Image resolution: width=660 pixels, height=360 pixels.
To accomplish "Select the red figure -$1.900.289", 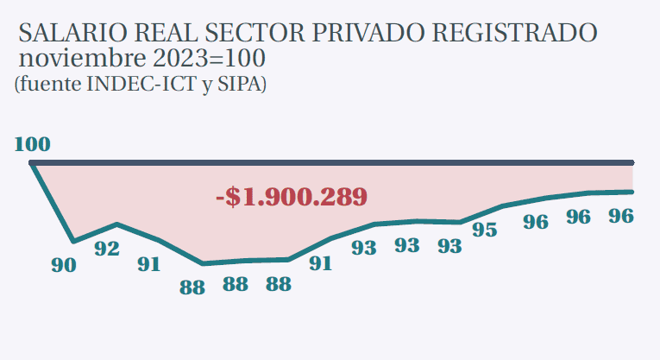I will tap(292, 196).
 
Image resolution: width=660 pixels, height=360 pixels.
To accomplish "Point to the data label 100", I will tap(33, 143).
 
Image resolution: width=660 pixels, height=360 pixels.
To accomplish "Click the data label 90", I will tap(63, 266).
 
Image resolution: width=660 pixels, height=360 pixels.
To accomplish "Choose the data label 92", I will tap(107, 249).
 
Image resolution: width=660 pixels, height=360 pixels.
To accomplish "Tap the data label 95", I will tap(485, 231).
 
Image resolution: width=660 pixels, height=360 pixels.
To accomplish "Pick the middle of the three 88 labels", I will tap(236, 285).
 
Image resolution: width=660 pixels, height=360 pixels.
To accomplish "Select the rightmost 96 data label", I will tap(621, 217).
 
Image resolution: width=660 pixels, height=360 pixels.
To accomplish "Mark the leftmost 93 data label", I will tap(364, 248).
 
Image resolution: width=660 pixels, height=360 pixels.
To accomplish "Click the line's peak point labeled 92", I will tap(117, 224).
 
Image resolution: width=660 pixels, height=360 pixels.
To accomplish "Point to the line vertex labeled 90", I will tap(74, 242).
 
